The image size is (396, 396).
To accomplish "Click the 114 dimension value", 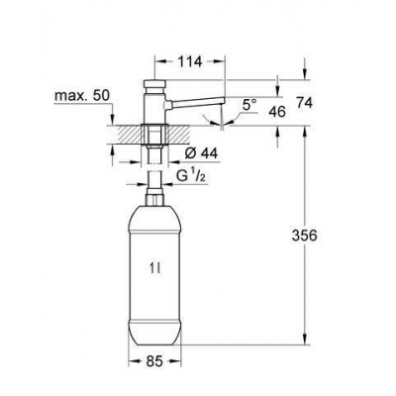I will [191, 61].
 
